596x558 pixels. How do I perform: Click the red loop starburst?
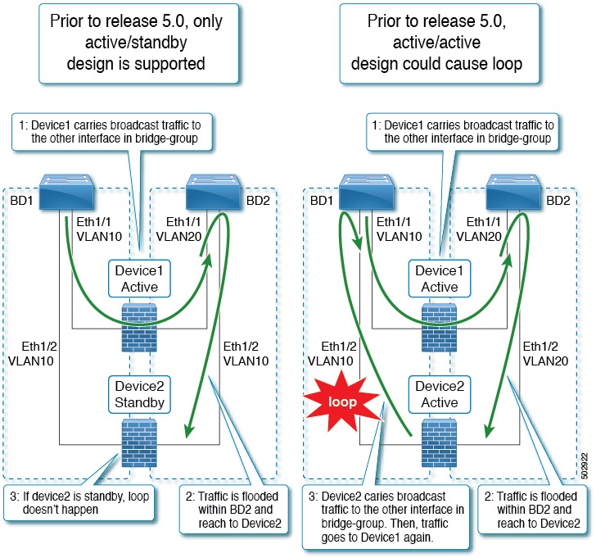click(344, 403)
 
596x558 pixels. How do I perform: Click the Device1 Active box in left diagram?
click(138, 278)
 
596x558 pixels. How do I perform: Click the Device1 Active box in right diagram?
click(439, 278)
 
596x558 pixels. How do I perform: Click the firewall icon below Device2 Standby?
click(139, 442)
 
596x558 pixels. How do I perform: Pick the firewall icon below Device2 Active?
click(439, 442)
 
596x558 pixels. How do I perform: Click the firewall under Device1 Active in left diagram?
click(139, 327)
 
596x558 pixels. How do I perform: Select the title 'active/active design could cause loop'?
click(445, 43)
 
